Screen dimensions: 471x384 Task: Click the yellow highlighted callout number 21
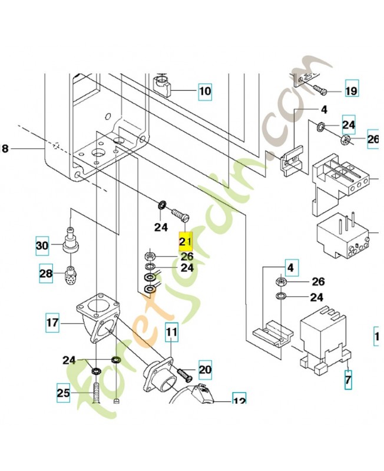(x=186, y=241)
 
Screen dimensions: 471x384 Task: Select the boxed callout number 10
(x=204, y=91)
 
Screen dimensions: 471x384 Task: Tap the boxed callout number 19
(x=351, y=91)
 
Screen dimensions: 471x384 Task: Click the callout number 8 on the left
(x=5, y=149)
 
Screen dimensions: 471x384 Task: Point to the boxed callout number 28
(x=46, y=274)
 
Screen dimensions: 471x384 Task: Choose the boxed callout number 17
(x=53, y=323)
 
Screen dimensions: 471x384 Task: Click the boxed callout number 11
(x=171, y=333)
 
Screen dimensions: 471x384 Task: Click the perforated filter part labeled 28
(x=70, y=274)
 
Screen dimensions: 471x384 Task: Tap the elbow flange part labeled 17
(x=97, y=323)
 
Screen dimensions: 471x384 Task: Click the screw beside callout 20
(x=184, y=373)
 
